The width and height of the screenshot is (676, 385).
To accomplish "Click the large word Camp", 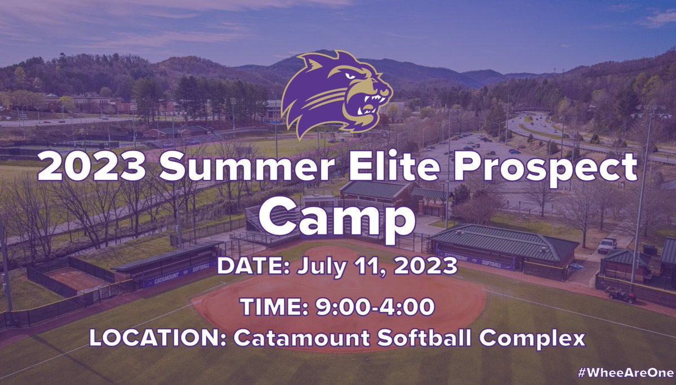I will [x=338, y=216].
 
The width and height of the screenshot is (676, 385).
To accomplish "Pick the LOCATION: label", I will [x=158, y=338].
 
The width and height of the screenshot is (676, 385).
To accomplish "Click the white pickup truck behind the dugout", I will [x=607, y=245].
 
